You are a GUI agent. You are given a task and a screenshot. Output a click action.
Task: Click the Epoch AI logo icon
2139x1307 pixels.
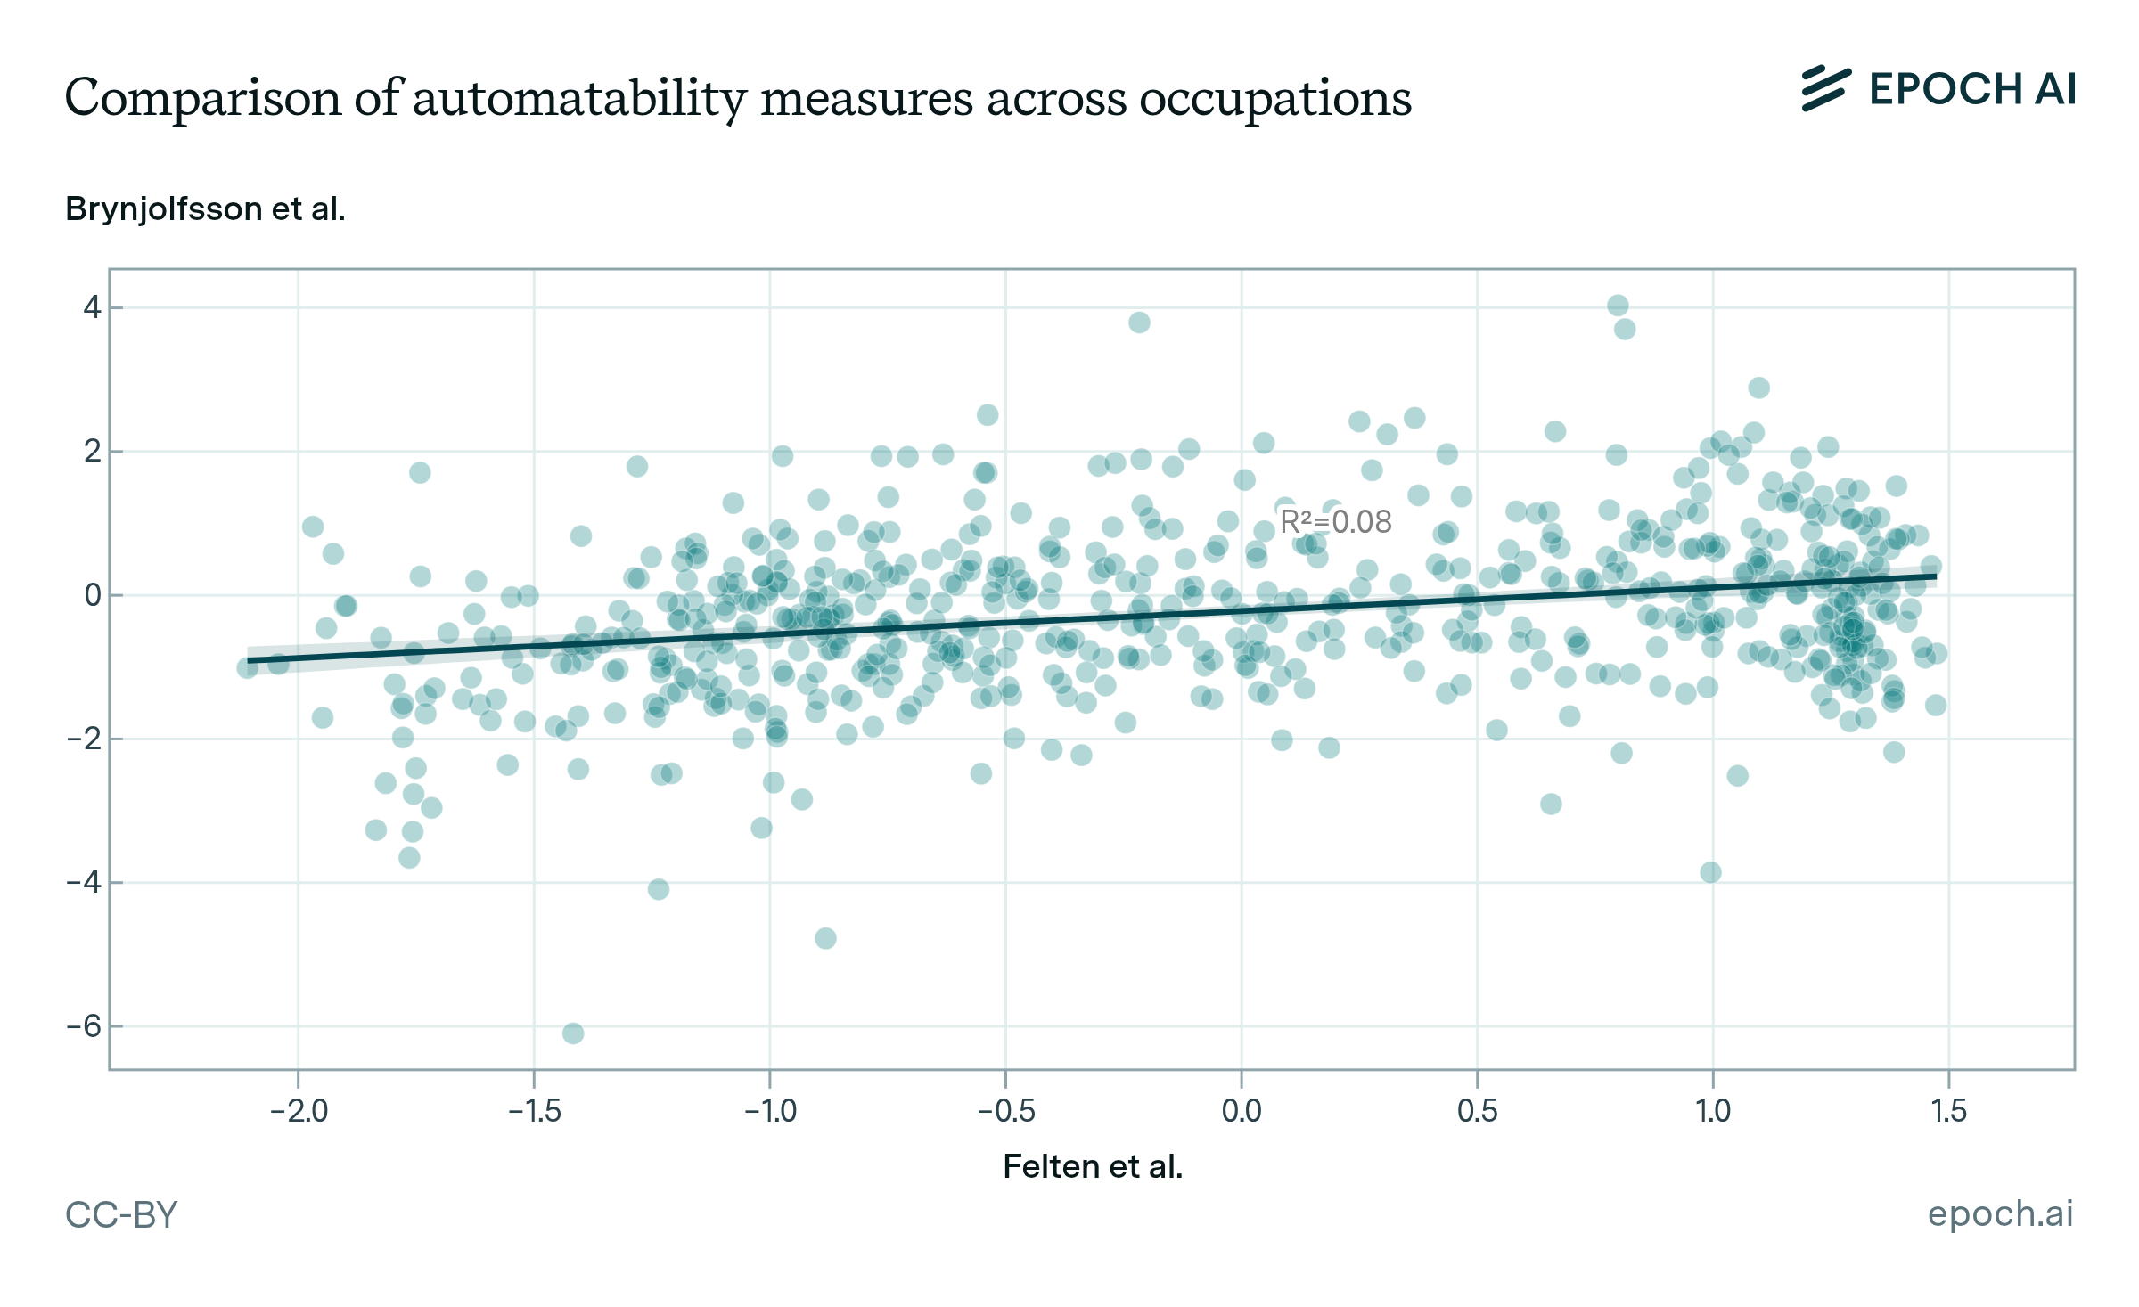click(x=1825, y=89)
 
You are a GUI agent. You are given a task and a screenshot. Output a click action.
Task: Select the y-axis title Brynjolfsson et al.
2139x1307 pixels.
click(x=205, y=209)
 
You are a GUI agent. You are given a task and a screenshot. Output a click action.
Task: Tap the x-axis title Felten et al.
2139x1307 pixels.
click(x=1093, y=1166)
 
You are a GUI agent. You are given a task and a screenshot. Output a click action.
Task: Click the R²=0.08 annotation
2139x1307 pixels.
click(x=1335, y=522)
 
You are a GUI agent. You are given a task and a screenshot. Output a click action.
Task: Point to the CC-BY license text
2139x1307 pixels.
click(x=121, y=1214)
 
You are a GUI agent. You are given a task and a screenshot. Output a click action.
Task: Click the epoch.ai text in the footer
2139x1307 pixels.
click(x=2000, y=1213)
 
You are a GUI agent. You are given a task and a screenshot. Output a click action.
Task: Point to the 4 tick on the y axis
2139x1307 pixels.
click(x=92, y=307)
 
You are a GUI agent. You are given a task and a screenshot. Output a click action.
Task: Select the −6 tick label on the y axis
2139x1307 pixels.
click(x=85, y=1026)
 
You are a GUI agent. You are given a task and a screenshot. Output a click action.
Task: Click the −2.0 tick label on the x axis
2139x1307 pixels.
click(x=299, y=1111)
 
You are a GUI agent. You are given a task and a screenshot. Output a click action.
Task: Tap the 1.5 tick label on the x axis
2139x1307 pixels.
click(x=1948, y=1111)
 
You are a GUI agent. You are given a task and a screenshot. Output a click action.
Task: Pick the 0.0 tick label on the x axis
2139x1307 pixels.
click(x=1242, y=1111)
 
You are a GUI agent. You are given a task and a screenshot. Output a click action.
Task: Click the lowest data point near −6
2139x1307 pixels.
click(x=573, y=1033)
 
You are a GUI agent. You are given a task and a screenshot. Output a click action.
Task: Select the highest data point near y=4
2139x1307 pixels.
click(x=1618, y=306)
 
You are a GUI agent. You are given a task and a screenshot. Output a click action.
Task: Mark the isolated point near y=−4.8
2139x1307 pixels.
click(x=825, y=938)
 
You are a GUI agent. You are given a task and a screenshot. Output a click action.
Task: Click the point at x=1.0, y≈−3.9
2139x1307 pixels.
click(x=1710, y=872)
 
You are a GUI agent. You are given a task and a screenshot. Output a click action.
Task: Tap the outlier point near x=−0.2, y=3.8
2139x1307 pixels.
click(x=1139, y=323)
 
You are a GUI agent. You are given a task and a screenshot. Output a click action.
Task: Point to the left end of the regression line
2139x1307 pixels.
click(x=249, y=660)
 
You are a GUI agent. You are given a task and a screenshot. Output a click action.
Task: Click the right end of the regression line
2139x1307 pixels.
click(x=1935, y=577)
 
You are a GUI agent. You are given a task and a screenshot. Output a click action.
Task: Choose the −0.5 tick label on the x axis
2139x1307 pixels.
click(x=1005, y=1111)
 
